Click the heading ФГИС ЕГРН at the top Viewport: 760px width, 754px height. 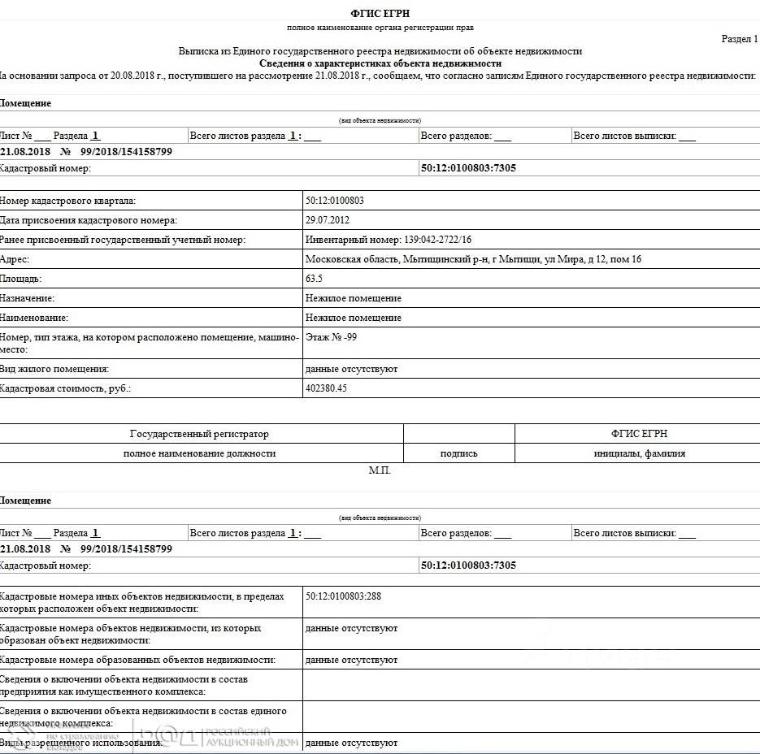380,13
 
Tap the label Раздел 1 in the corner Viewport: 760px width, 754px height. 740,38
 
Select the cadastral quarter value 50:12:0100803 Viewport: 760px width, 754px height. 335,201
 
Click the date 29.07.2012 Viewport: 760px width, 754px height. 328,220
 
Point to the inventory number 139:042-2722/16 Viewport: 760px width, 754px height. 389,240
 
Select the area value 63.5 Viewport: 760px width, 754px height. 314,279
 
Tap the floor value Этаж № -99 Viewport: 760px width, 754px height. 331,336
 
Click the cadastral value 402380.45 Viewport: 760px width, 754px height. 326,388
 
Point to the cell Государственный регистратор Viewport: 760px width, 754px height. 199,434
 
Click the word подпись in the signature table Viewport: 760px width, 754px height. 458,453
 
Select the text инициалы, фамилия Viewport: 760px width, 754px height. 639,453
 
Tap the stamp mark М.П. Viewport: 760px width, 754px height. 380,470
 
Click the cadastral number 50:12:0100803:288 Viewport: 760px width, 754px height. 343,596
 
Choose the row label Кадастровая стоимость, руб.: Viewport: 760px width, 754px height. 66,388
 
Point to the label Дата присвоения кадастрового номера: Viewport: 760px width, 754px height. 89,220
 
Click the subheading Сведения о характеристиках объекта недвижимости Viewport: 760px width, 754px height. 380,63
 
